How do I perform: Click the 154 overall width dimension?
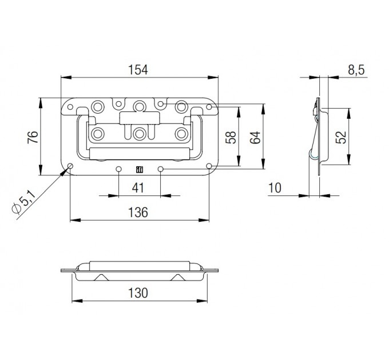pyautogui.click(x=138, y=70)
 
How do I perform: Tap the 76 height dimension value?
pyautogui.click(x=33, y=137)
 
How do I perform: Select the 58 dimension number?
pyautogui.click(x=231, y=137)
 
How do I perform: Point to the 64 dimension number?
pyautogui.click(x=255, y=137)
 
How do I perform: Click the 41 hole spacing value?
pyautogui.click(x=138, y=188)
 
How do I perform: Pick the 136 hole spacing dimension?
pyautogui.click(x=138, y=213)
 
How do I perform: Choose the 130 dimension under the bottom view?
pyautogui.click(x=138, y=293)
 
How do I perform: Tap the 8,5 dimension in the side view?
pyautogui.click(x=356, y=70)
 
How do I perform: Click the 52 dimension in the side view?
pyautogui.click(x=341, y=137)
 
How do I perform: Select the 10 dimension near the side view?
pyautogui.click(x=275, y=188)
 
